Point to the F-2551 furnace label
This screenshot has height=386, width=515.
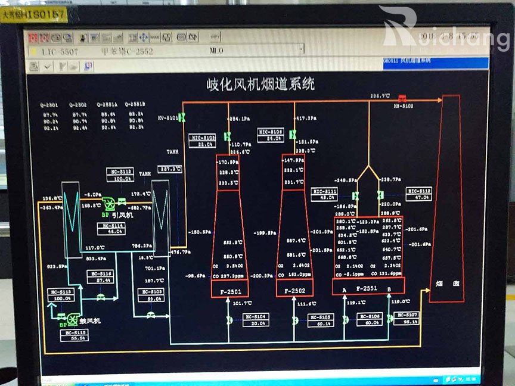tap(367, 288)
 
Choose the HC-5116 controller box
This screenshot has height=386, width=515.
tap(100, 276)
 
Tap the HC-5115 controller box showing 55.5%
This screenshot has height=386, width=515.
tap(75, 335)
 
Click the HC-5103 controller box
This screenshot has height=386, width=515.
tap(151, 294)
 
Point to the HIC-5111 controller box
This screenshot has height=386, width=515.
tap(325, 194)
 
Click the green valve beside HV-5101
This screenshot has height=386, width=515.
tap(182, 118)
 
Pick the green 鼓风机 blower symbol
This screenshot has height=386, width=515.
tap(74, 319)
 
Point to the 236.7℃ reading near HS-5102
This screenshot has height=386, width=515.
tap(380, 96)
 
